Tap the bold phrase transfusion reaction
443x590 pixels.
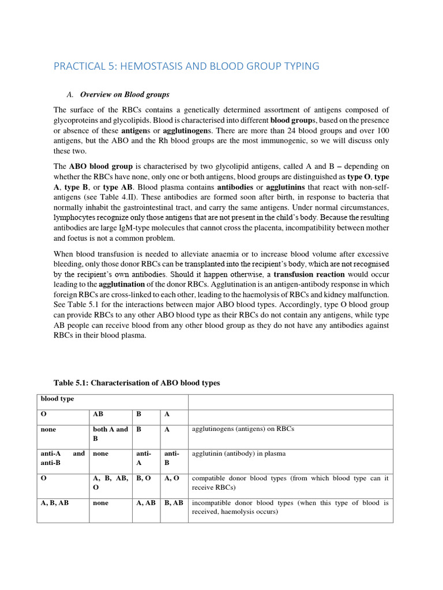pyautogui.click(x=309, y=274)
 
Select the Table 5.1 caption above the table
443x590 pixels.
pyautogui.click(x=137, y=383)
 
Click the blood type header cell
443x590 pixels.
pyautogui.click(x=57, y=399)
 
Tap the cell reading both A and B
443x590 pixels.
pyautogui.click(x=110, y=434)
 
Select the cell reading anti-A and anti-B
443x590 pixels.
pyautogui.click(x=62, y=458)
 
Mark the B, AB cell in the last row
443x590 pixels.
pyautogui.click(x=174, y=502)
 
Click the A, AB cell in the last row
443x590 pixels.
pyautogui.click(x=147, y=502)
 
